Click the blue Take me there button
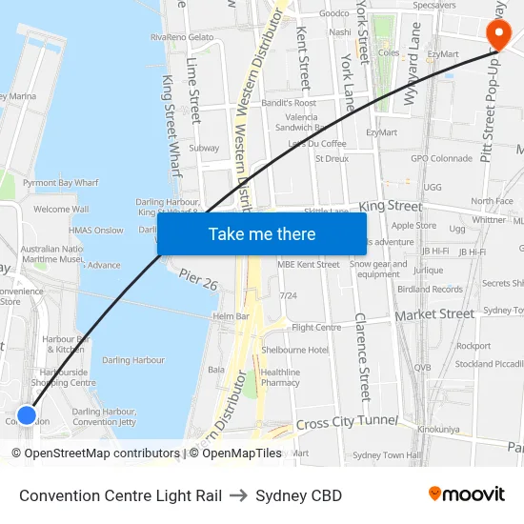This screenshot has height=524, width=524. (x=262, y=234)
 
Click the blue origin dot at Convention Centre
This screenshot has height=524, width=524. (x=27, y=414)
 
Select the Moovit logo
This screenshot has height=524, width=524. (x=466, y=494)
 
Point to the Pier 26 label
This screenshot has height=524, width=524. (x=197, y=281)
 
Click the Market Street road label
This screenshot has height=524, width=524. (x=434, y=313)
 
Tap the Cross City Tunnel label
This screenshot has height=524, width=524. (x=347, y=421)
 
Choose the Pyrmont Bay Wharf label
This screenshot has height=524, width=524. (x=60, y=181)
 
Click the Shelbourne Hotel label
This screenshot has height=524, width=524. (x=294, y=350)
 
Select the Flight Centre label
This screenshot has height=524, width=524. (x=316, y=328)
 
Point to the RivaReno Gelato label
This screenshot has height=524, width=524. (x=182, y=37)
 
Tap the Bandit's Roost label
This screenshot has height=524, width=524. (x=289, y=103)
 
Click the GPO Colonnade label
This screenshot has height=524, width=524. (x=441, y=158)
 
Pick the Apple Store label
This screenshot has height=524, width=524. (x=413, y=226)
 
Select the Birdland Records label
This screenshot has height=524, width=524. (x=430, y=289)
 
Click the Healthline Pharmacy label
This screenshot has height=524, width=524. (x=280, y=377)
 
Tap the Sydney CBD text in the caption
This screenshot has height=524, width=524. (x=298, y=495)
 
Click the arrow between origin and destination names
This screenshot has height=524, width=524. (x=238, y=495)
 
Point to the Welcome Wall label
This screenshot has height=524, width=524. (x=61, y=209)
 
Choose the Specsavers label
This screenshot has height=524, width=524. (x=433, y=5)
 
